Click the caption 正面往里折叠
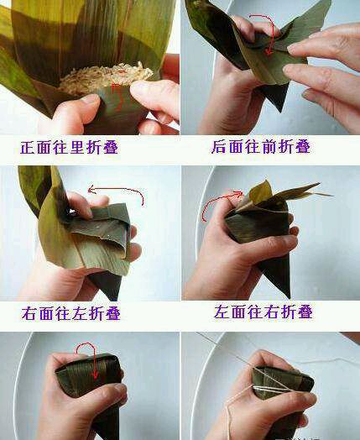coord(70,147)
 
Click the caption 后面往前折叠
coord(261,147)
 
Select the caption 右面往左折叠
coord(71,313)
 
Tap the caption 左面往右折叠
coord(263,312)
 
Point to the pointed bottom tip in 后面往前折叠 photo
coord(279,110)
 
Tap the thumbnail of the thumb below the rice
coord(91,99)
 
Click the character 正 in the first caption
coord(28,147)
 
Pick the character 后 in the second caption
coord(219,147)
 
